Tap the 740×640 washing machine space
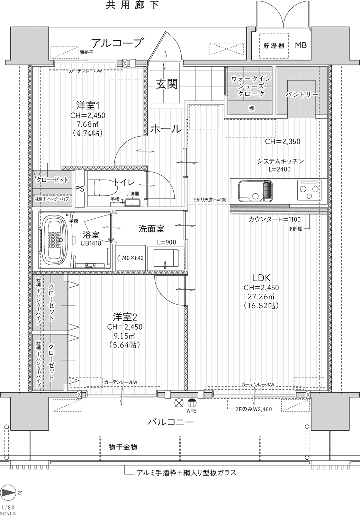[x=130, y=258]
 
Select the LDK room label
[x=261, y=278]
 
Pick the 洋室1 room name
[x=88, y=105]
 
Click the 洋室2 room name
[x=125, y=317]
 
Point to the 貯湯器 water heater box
[x=274, y=46]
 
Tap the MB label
[x=301, y=45]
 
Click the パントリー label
[x=302, y=95]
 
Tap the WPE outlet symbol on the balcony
[x=192, y=402]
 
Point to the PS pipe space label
[x=80, y=189]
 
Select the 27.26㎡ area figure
[x=261, y=297]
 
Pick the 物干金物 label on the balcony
[x=123, y=447]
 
